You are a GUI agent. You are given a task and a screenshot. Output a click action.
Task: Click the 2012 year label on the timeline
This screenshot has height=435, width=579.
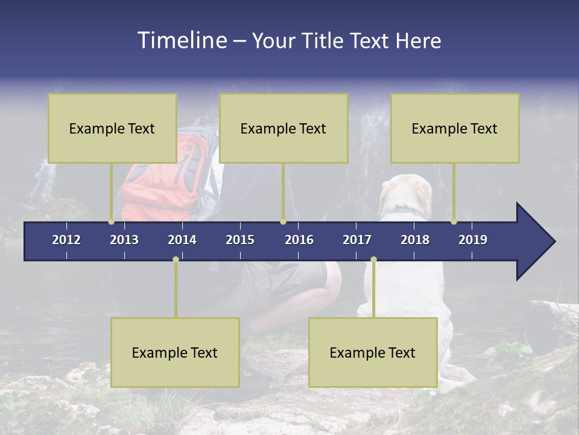[x=66, y=240]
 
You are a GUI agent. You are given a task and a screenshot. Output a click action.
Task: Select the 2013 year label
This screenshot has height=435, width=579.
[x=124, y=240]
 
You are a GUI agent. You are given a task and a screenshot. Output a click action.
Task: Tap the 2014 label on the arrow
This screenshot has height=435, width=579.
[x=182, y=240]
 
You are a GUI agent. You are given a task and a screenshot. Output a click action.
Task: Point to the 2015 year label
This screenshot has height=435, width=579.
[x=240, y=240]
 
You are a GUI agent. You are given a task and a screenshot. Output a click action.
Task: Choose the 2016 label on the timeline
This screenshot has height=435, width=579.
[x=299, y=240]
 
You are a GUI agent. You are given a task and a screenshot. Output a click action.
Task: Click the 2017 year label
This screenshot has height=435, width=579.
[x=357, y=240]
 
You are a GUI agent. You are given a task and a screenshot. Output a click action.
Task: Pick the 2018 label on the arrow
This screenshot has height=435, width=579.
[x=415, y=240]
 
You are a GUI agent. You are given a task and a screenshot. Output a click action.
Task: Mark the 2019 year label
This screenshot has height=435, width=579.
[x=473, y=240]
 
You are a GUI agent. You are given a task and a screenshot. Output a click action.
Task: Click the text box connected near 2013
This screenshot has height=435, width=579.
[x=112, y=128]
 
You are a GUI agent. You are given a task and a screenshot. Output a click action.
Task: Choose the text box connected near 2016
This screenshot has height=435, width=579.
[x=283, y=128]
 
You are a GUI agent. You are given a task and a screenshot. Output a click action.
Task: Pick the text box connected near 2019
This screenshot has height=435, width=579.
[x=455, y=128]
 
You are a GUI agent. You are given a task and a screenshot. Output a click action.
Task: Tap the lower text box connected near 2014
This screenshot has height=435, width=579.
[x=175, y=352]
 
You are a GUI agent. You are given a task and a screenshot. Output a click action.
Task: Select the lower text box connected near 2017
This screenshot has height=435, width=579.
[x=373, y=352]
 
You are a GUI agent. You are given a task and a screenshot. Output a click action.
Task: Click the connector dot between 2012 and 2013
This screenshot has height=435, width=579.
[x=112, y=222]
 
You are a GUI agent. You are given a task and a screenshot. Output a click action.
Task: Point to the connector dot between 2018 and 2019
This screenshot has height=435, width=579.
[x=454, y=222]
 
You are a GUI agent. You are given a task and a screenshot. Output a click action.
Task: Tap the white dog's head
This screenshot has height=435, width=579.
[x=406, y=195]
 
